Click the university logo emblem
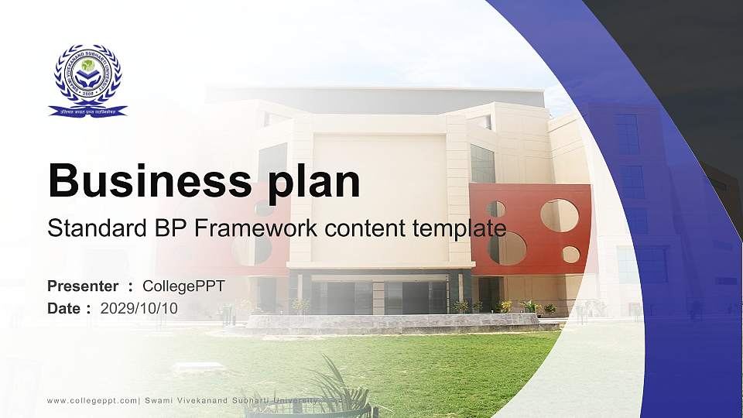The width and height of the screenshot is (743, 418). tap(87, 75)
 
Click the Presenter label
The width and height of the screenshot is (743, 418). tap(83, 286)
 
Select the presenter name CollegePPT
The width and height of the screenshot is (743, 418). tap(183, 286)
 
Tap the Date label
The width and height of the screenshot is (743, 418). tap(64, 308)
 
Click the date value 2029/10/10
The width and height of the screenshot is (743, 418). tap(139, 308)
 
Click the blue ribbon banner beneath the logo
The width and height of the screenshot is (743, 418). tap(87, 111)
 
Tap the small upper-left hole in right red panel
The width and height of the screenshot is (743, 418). tap(496, 209)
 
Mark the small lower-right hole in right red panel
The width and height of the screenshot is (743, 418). tap(570, 254)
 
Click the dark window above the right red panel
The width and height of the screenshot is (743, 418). tap(482, 163)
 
